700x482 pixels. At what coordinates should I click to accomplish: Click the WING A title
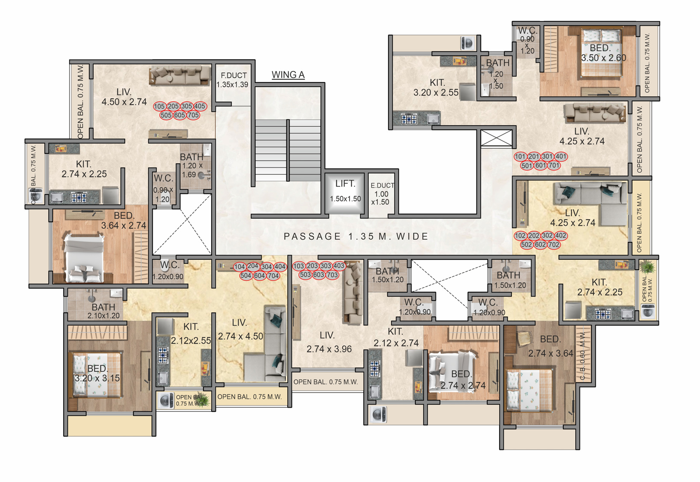(288, 75)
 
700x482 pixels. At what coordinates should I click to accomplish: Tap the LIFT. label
(345, 184)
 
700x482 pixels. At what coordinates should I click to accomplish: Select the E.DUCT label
(382, 185)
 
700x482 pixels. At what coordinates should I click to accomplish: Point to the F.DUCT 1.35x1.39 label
(232, 80)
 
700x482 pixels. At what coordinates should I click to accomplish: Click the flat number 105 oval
(159, 106)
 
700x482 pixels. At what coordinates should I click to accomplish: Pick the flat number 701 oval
(554, 165)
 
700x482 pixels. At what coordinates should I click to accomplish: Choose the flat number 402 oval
(561, 235)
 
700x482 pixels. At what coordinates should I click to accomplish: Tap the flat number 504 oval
(246, 276)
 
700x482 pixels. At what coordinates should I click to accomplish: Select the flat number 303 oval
(325, 266)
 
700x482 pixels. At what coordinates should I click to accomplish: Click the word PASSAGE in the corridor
(312, 236)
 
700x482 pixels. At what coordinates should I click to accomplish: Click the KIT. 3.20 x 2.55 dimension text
(436, 88)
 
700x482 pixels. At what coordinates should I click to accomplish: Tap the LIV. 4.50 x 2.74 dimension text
(124, 97)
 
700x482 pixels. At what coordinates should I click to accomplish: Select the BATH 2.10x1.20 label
(103, 311)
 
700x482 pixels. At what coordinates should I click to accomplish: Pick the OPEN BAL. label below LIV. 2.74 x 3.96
(326, 382)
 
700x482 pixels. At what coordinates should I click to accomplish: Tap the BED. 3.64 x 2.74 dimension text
(124, 220)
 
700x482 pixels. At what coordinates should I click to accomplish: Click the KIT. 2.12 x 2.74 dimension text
(396, 338)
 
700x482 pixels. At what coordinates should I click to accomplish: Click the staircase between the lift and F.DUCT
(288, 150)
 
